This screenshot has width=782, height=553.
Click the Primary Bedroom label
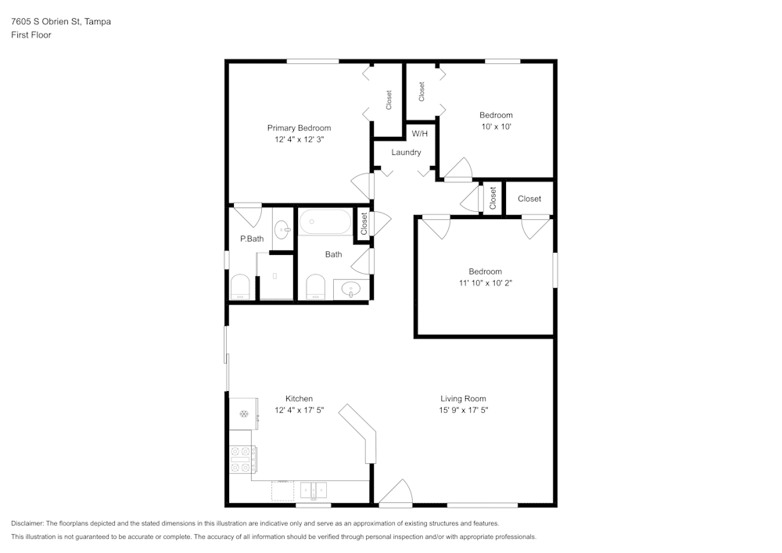pyautogui.click(x=299, y=128)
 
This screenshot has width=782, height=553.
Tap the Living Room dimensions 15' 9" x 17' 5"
pyautogui.click(x=463, y=410)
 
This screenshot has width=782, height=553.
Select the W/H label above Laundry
pyautogui.click(x=420, y=134)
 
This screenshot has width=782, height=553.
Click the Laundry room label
pyautogui.click(x=406, y=153)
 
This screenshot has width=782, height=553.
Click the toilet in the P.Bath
pyautogui.click(x=240, y=286)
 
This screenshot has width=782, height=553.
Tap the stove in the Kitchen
pyautogui.click(x=242, y=458)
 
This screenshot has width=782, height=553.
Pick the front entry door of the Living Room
pyautogui.click(x=395, y=494)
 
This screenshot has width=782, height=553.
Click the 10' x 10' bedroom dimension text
pyautogui.click(x=496, y=127)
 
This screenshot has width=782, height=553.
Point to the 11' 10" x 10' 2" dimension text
pyautogui.click(x=485, y=283)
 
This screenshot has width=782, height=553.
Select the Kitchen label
pyautogui.click(x=299, y=399)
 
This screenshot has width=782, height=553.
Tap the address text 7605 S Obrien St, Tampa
pyautogui.click(x=60, y=22)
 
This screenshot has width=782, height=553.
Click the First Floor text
pyautogui.click(x=31, y=35)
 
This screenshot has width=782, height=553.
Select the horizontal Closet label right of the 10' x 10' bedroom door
pyautogui.click(x=529, y=199)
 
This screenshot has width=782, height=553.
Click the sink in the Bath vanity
pyautogui.click(x=351, y=290)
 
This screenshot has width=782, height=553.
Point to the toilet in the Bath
pyautogui.click(x=315, y=286)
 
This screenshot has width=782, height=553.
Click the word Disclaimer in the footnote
pyautogui.click(x=27, y=523)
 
